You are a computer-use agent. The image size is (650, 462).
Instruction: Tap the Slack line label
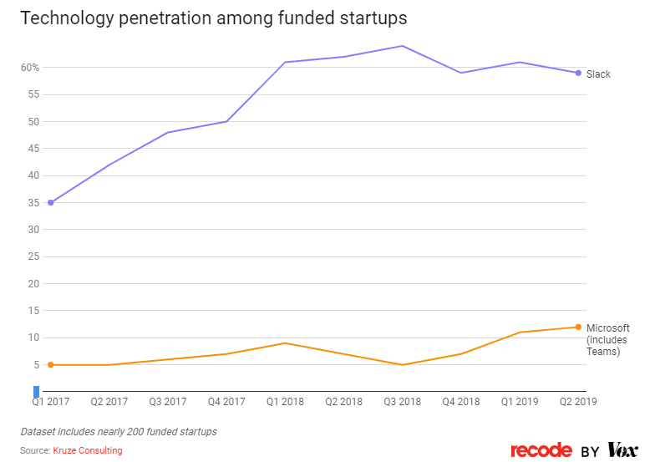(x=598, y=74)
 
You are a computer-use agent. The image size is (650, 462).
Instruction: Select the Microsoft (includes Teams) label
(x=607, y=339)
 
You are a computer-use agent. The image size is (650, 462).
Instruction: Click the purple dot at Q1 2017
(x=50, y=203)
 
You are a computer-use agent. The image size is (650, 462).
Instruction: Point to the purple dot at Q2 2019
(x=578, y=73)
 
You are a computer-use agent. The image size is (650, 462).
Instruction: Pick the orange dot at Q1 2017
(x=50, y=365)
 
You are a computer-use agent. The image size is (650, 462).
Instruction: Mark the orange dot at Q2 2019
(x=578, y=327)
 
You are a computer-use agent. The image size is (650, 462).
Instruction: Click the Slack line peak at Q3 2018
(x=402, y=46)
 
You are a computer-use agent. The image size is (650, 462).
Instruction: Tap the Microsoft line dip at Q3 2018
(x=402, y=365)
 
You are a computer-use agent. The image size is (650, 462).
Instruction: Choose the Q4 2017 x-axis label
(x=226, y=402)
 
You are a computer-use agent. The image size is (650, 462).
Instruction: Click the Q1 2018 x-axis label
(x=284, y=402)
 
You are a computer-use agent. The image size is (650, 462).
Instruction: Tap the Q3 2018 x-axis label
(x=402, y=402)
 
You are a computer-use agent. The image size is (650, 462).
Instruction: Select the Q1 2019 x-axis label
(x=519, y=402)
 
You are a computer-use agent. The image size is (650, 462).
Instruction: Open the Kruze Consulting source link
(x=87, y=451)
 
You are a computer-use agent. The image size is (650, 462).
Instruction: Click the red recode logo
(x=541, y=451)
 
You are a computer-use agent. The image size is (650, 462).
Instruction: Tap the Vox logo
(x=622, y=451)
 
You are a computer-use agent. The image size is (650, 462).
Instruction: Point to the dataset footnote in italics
(x=119, y=432)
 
